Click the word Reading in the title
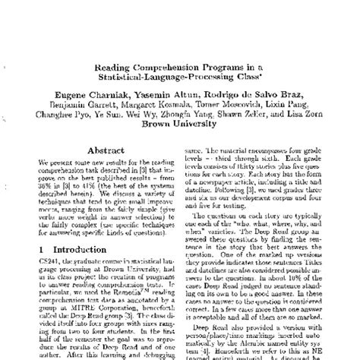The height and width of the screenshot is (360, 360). point(115,67)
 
